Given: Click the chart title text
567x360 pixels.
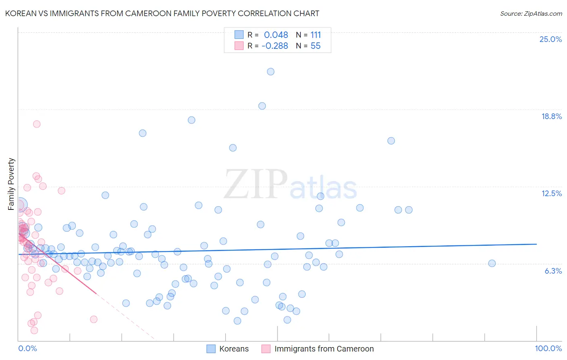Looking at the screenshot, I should [162, 13].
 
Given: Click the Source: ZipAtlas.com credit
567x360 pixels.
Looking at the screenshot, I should [531, 13].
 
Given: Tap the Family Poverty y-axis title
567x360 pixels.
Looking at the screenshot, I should [11, 184].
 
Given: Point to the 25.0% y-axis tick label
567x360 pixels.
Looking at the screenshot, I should [550, 39].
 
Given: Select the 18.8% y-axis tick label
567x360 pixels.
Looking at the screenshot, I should [551, 116].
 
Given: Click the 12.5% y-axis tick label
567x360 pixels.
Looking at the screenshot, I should [551, 193].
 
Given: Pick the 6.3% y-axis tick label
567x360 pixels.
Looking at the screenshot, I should [553, 271].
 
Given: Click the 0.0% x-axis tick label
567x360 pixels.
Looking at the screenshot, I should [27, 348].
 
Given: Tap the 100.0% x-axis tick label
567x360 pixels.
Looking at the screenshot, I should [548, 348].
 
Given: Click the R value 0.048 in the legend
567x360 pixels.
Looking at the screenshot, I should [276, 35].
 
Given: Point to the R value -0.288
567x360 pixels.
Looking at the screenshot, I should [275, 46].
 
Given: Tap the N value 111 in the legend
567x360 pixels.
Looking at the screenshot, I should [315, 35].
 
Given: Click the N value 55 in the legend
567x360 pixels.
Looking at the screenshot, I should [315, 46].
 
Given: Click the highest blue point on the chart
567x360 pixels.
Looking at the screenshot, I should [271, 71].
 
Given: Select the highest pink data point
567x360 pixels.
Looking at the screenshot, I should [37, 124].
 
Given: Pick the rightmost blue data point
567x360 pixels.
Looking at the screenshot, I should [492, 263].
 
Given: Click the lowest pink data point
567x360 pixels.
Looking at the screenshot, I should [34, 330].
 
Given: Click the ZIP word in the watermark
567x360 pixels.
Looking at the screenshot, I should [256, 184].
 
